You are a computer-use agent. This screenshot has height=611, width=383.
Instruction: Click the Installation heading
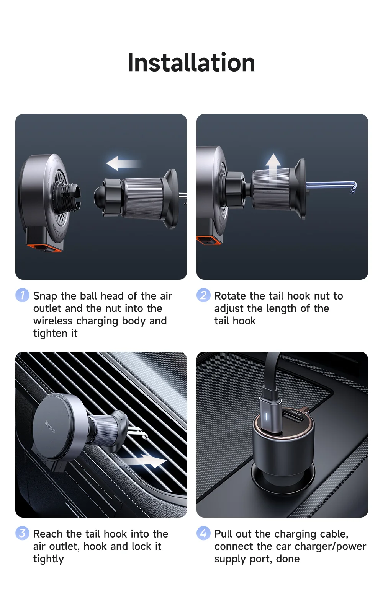tap(191, 63)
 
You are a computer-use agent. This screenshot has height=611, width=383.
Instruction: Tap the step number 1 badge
tap(22, 295)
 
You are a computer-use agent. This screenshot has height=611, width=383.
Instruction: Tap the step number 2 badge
tap(203, 295)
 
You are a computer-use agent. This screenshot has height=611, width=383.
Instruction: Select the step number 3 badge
tap(22, 533)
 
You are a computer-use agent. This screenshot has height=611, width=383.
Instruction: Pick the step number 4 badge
tap(203, 533)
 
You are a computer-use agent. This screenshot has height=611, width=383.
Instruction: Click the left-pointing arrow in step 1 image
tap(122, 164)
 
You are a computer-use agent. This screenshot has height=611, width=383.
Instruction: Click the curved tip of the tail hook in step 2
tap(353, 187)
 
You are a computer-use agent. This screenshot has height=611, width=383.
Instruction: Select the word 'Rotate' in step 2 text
tap(230, 296)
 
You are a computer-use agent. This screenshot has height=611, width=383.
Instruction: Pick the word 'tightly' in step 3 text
tap(48, 559)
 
